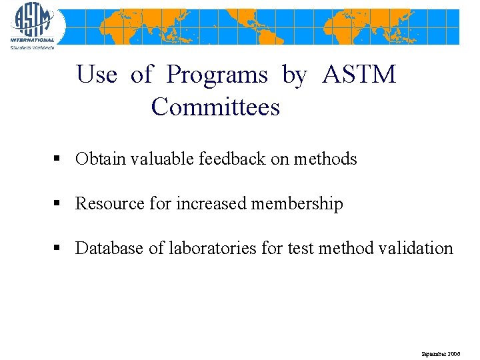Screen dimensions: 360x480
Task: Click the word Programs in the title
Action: pos(217,75)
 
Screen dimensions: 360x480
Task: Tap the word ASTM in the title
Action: pos(359,75)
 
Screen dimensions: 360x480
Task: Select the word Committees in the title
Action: pos(215,107)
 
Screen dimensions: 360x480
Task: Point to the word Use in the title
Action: pos(97,75)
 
